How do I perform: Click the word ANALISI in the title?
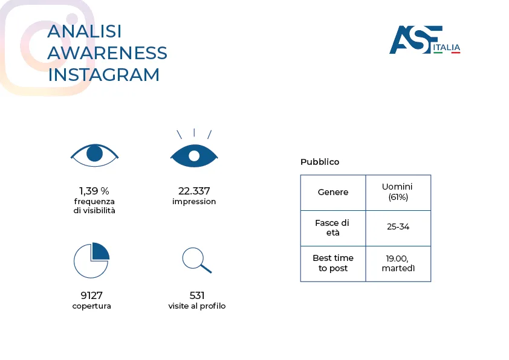85,31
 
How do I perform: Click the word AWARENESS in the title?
107,53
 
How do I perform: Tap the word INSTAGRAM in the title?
103,75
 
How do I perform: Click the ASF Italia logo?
424,40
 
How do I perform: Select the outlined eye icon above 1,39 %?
94,154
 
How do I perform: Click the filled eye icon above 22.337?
193,155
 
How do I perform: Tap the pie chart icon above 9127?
91,260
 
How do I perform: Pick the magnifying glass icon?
196,260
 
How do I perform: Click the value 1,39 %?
94,191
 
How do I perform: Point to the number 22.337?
193,191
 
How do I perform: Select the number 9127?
91,295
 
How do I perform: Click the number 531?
197,295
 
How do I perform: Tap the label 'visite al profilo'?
197,306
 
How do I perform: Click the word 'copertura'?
91,306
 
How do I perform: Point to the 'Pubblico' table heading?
320,162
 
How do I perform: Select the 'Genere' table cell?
333,193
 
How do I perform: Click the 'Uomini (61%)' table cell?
398,193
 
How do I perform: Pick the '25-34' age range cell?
398,228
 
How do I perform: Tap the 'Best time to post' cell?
333,263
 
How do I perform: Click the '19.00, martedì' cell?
398,263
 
